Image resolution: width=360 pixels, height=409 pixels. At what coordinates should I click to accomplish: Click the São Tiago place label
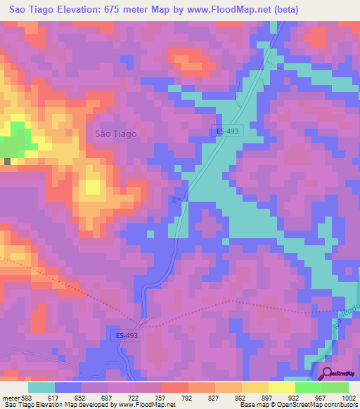pos(115,133)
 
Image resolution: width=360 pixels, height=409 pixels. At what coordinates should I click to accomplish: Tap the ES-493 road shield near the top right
pos(225,131)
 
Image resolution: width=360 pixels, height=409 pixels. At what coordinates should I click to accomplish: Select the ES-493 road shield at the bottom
pos(127,336)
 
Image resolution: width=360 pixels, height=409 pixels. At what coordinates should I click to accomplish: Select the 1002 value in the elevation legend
pos(349,398)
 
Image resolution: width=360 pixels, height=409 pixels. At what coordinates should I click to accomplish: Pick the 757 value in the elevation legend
pos(160,398)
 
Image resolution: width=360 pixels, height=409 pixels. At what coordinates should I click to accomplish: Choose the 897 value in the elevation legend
pos(267,398)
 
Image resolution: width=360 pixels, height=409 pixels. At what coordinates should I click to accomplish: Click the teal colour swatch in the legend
pos(41,387)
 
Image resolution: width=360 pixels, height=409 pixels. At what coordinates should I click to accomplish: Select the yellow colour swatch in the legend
pos(282,387)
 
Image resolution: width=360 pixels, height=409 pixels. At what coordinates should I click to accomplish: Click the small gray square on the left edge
pos(7,162)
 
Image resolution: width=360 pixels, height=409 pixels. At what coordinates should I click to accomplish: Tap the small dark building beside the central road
pos(176,201)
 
